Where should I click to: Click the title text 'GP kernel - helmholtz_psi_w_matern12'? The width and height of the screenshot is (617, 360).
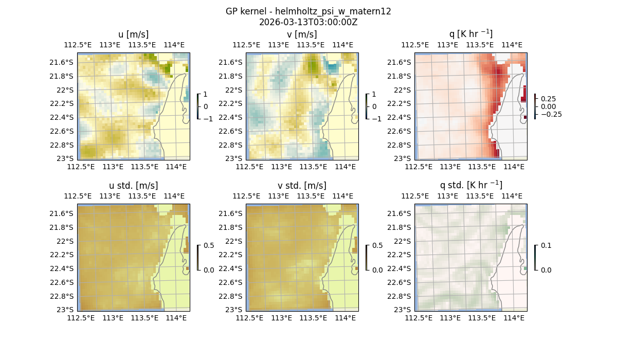coord(308,11)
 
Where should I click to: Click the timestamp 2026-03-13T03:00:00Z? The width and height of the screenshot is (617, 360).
coord(308,22)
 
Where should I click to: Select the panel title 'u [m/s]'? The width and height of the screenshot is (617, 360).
coord(134,34)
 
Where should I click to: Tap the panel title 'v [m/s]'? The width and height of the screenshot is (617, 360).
coord(302,34)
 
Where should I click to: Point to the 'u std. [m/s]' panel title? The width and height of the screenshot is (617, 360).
coord(134,185)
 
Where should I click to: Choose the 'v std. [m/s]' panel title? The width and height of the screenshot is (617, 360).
coord(302,185)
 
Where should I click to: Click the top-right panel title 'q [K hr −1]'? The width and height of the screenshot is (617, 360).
coord(470,34)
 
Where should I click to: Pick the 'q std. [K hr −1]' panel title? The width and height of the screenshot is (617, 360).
coord(470,185)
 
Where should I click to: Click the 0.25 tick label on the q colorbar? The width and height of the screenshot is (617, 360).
coord(548,99)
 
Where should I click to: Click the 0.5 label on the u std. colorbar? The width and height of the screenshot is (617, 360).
coord(209,246)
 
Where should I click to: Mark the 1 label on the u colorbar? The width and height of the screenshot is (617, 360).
coord(206,95)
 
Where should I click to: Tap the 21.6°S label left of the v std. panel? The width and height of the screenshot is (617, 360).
coord(231,213)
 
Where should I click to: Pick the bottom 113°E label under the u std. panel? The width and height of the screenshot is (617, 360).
coord(113,318)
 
